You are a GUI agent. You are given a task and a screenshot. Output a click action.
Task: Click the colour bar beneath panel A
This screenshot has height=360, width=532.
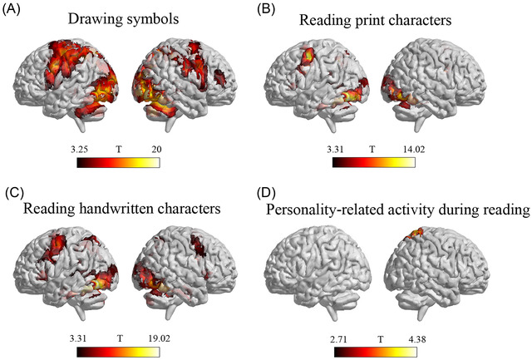click(117, 162)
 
